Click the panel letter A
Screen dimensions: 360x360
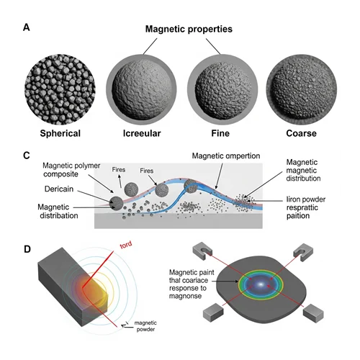tap(27, 27)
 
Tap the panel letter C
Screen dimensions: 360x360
tap(27, 156)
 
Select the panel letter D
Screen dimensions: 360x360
tap(27, 249)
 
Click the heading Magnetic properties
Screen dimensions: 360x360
tap(189, 29)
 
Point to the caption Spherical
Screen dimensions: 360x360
tap(60, 133)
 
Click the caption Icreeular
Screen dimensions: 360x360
tap(142, 133)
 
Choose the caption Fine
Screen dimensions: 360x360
tap(220, 133)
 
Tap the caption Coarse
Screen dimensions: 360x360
tap(301, 133)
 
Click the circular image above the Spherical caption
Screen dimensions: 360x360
tap(60, 89)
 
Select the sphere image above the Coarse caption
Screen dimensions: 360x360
tap(302, 89)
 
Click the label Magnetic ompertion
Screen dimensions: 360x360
tap(226, 156)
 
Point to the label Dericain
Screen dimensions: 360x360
tap(59, 189)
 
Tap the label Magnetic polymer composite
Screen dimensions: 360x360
tap(71, 170)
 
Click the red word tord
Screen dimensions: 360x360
tap(126, 245)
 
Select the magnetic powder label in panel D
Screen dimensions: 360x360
tap(145, 326)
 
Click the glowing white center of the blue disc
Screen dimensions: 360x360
tap(261, 284)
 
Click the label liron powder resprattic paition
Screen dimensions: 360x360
tap(306, 207)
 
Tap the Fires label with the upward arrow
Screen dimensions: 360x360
tap(119, 170)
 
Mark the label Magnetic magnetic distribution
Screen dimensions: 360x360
tap(303, 170)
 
